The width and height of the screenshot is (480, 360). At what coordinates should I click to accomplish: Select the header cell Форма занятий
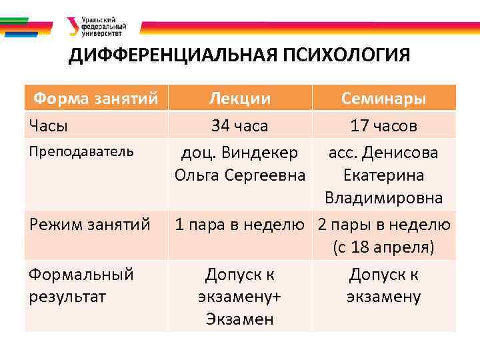tap(96, 99)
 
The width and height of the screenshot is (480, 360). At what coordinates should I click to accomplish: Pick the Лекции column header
tap(239, 99)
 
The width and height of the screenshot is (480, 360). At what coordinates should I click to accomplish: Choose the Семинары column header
tap(383, 99)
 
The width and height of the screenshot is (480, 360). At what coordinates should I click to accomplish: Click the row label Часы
tap(48, 125)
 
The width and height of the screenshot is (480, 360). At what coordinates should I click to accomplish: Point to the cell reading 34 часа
tap(239, 125)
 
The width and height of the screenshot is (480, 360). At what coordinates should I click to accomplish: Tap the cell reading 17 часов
tap(383, 125)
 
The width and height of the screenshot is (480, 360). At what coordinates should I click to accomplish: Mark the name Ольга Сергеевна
tap(239, 175)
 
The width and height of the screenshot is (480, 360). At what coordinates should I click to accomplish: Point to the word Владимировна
tap(383, 199)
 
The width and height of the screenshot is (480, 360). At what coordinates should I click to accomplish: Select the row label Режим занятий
tap(89, 225)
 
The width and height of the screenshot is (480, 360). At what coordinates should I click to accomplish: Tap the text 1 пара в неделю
tap(239, 225)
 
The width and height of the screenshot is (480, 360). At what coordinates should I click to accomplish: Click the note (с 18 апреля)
tap(383, 247)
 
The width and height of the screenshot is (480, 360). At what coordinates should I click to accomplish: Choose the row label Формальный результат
tap(81, 285)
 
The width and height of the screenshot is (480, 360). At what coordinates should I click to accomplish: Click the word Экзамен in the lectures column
tap(239, 319)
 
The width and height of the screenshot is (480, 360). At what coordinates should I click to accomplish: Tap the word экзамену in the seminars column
tap(383, 297)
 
